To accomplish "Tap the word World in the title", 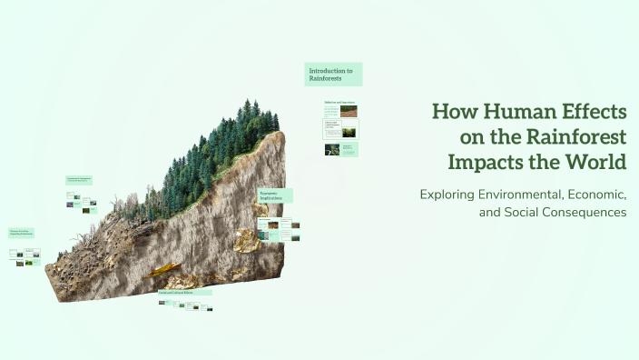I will (x=594, y=164).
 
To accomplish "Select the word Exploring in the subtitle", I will (x=447, y=195).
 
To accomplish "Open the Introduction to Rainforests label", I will (x=333, y=74).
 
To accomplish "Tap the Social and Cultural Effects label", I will (x=184, y=293).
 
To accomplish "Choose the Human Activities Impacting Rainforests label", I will (x=23, y=234).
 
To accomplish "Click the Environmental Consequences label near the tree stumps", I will (x=79, y=180).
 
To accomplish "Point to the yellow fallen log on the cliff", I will (x=161, y=269).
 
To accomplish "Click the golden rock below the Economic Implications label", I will (x=245, y=240).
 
